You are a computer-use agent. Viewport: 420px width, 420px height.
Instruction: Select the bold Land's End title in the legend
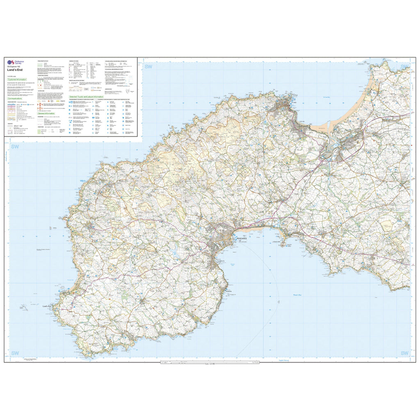[15, 70]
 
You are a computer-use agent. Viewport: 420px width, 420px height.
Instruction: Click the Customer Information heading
[17, 80]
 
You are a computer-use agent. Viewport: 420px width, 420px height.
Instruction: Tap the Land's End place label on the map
[46, 306]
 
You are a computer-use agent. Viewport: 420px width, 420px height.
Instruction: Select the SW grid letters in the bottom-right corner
[404, 353]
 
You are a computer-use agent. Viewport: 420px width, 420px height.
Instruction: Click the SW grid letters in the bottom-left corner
[15, 353]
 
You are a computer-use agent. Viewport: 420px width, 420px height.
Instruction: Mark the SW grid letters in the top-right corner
[404, 67]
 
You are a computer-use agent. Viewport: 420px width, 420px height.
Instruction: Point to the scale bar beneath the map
[210, 363]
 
